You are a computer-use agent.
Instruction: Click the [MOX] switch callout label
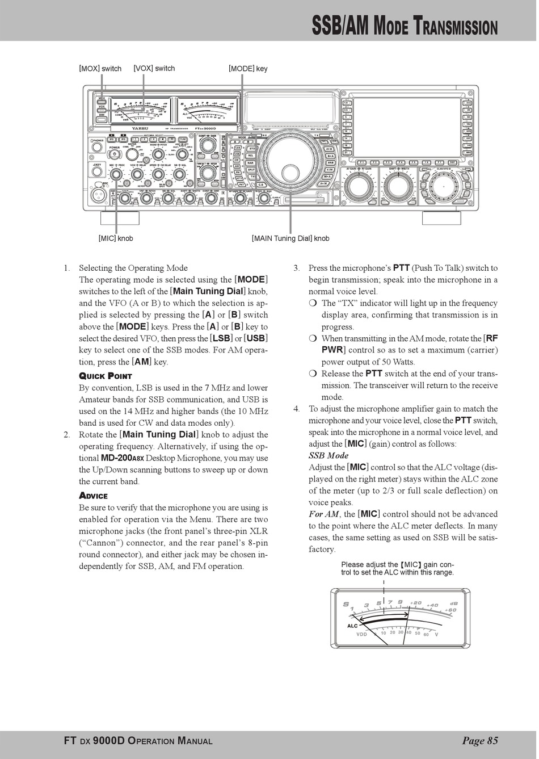click(100, 69)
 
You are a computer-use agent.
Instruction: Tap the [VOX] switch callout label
click(154, 68)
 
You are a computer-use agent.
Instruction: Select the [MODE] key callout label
click(248, 69)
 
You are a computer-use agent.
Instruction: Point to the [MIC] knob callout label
click(116, 238)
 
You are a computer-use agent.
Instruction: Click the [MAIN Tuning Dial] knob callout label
click(290, 238)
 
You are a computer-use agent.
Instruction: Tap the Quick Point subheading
click(106, 376)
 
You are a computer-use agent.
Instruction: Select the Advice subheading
click(93, 496)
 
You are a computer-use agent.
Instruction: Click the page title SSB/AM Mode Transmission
click(405, 27)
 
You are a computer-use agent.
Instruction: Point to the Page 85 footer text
click(479, 740)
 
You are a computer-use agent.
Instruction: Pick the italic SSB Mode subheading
click(329, 455)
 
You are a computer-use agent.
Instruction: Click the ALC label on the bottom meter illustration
click(352, 626)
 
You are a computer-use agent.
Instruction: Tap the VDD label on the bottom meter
click(362, 634)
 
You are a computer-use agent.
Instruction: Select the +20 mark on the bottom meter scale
click(415, 603)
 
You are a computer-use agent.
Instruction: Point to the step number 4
click(296, 409)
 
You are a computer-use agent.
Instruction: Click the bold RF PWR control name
click(410, 344)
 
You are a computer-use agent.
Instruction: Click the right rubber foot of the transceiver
click(441, 217)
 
